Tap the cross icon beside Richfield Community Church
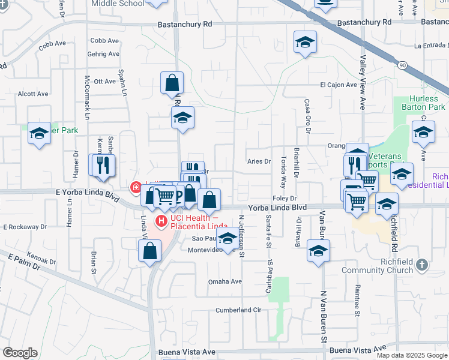pos(423,265)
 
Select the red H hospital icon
pos(161,221)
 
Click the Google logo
pos(20,353)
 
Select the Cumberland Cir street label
pos(238,310)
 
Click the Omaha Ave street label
pos(224,281)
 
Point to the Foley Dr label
pos(285,199)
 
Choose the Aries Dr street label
pos(259,161)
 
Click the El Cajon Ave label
pos(338,85)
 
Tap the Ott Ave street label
pos(104,81)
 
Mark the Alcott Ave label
pos(33,94)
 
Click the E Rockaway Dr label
pos(25,227)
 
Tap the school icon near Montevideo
pos(227,239)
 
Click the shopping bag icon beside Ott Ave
pos(172,82)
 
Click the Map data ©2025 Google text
pos(411,355)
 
